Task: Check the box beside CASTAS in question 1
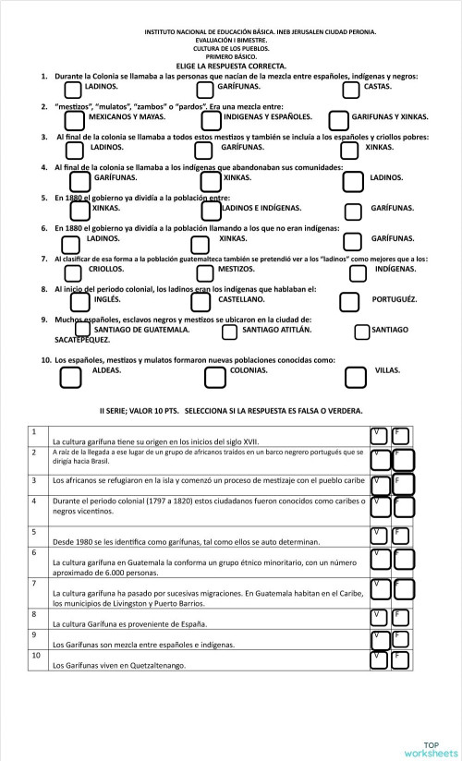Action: pos(351,90)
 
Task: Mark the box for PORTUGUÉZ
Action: pos(349,302)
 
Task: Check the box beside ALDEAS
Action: pos(71,377)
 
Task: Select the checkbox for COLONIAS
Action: pos(214,377)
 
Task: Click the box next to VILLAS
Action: pos(356,377)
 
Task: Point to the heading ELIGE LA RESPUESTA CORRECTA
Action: pos(231,66)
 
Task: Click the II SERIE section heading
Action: pos(230,410)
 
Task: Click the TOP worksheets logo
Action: pos(430,747)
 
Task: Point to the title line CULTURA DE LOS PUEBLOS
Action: pos(231,48)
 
